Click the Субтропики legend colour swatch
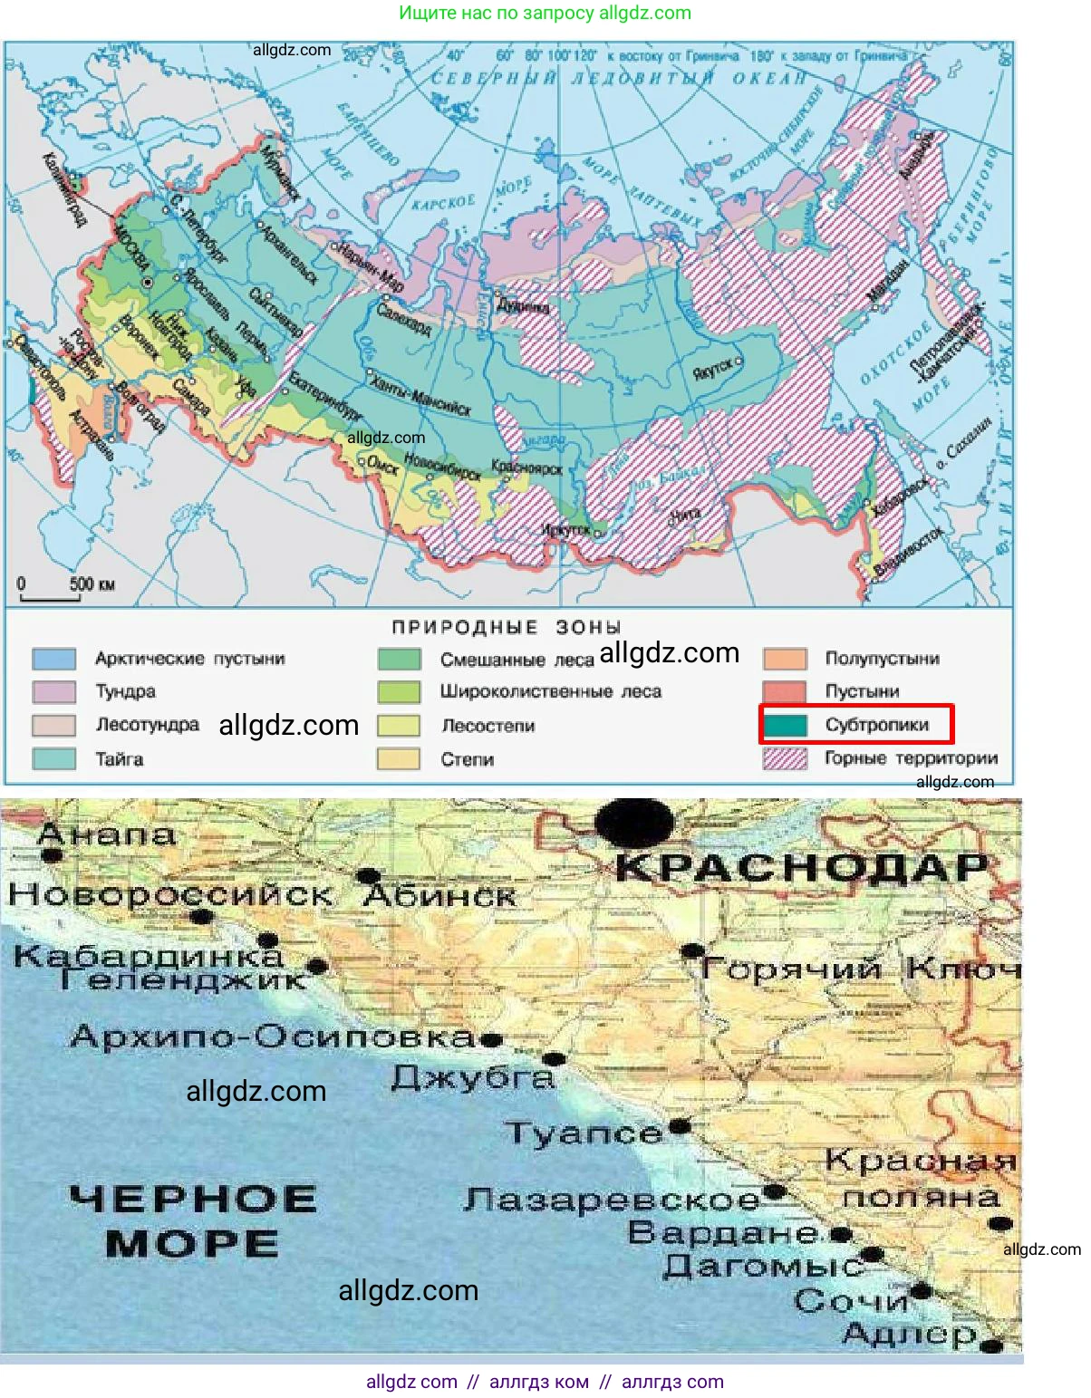click(x=785, y=725)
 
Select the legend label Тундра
click(x=125, y=691)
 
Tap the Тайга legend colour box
click(x=54, y=759)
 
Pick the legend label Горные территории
click(x=910, y=758)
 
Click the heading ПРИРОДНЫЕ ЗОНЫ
click(x=507, y=627)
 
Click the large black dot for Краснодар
click(x=634, y=823)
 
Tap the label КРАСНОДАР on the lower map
click(x=801, y=868)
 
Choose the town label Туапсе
click(x=584, y=1133)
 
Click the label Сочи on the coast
click(x=851, y=1301)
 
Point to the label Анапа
click(x=107, y=834)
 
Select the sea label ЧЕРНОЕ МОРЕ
click(x=192, y=1220)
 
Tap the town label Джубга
click(x=471, y=1077)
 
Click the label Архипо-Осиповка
click(x=272, y=1036)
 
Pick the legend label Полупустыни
click(x=881, y=659)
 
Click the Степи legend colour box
click(x=399, y=759)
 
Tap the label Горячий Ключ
click(x=859, y=969)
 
